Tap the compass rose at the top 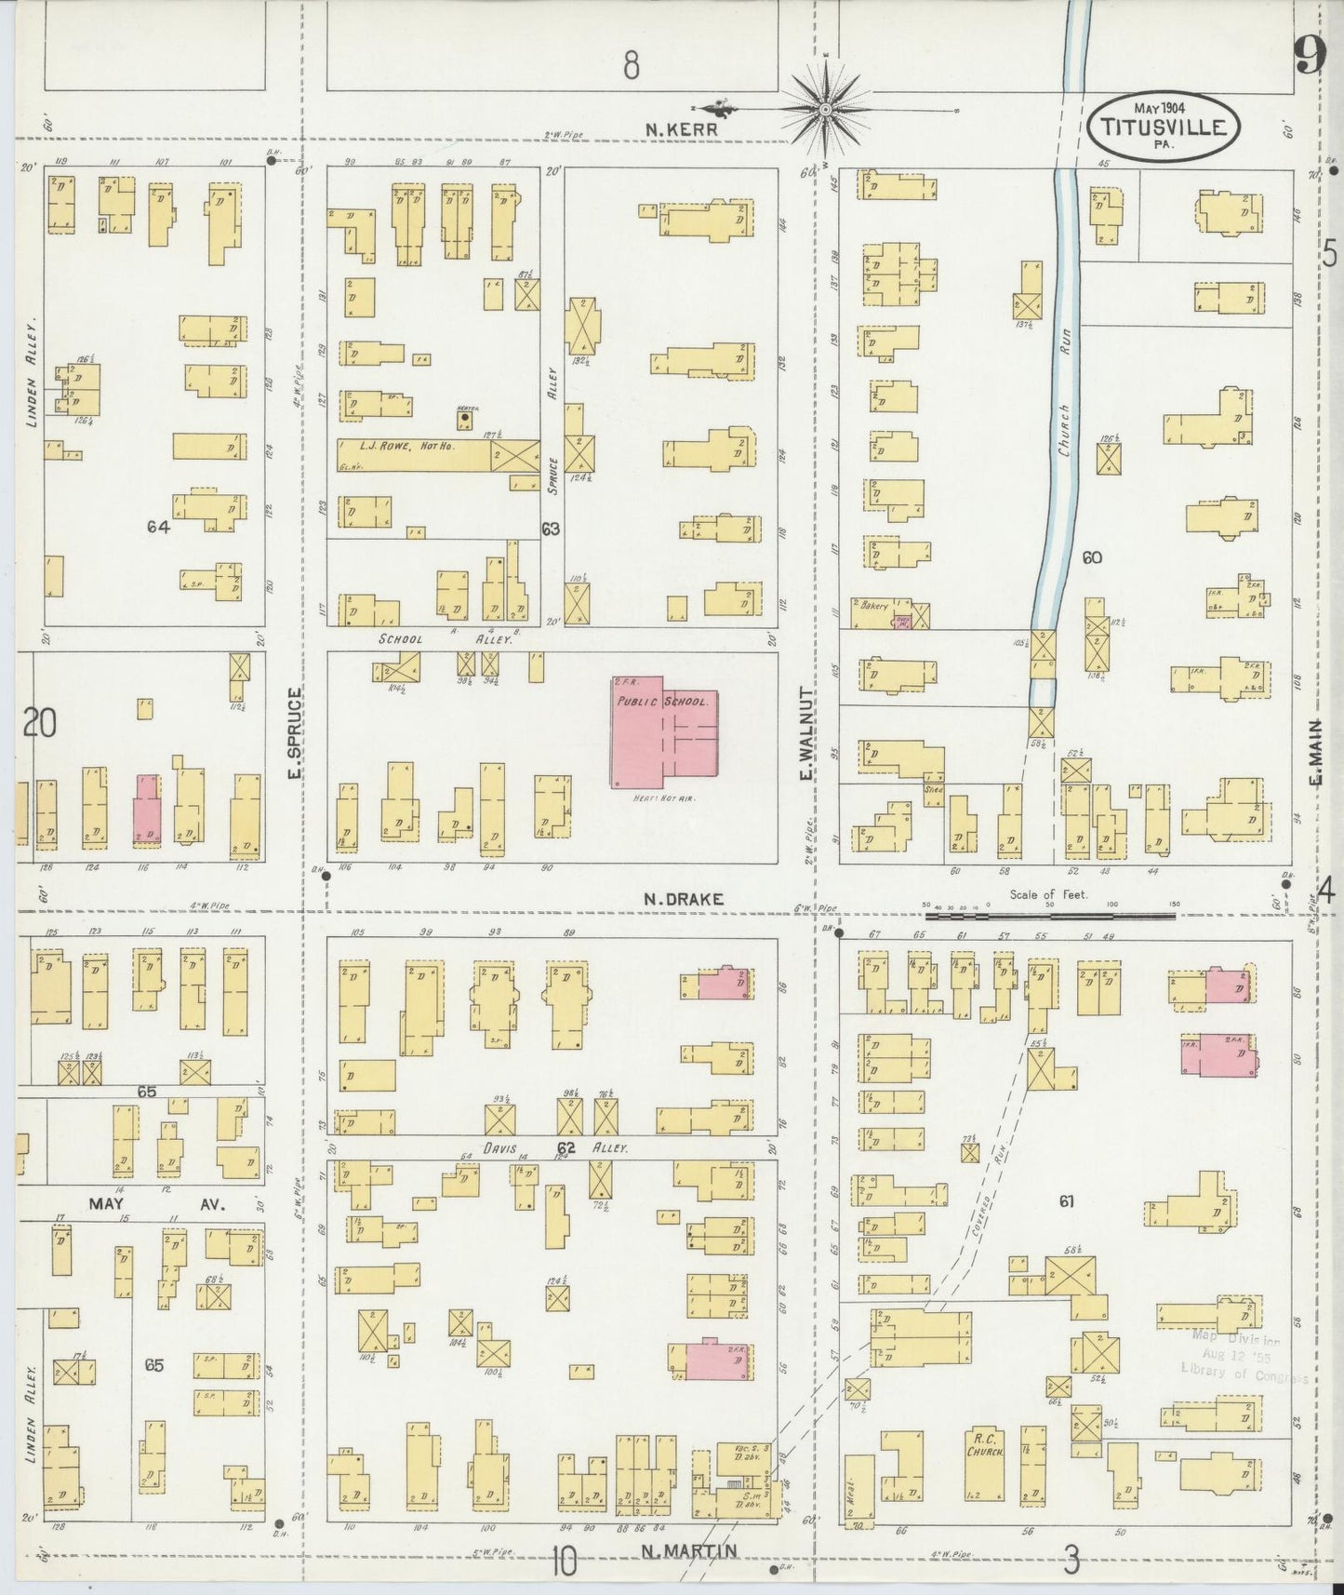pos(826,109)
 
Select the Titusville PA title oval pos(1164,126)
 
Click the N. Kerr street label pos(682,130)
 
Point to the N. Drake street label pos(683,900)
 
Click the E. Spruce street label pos(295,734)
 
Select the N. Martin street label pos(689,1550)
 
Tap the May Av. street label pos(153,1203)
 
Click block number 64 pos(158,527)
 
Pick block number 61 pos(1066,1201)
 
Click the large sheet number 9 pos(1308,59)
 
